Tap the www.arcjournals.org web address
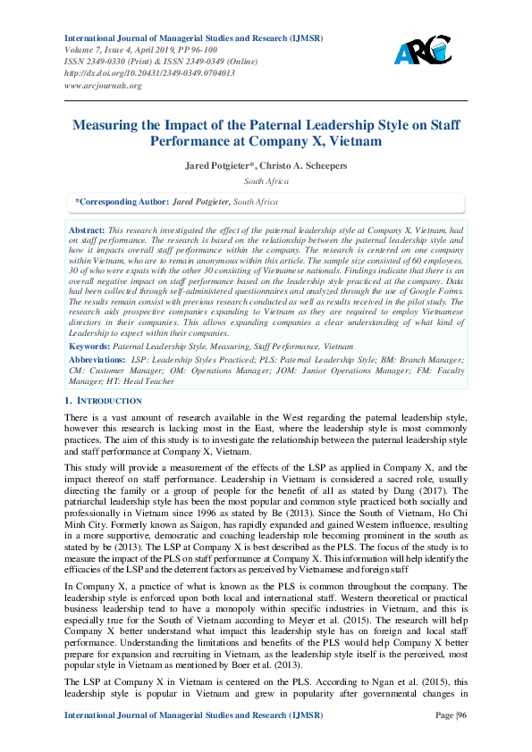[x=103, y=85]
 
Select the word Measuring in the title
[x=112, y=125]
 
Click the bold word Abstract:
[x=87, y=230]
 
